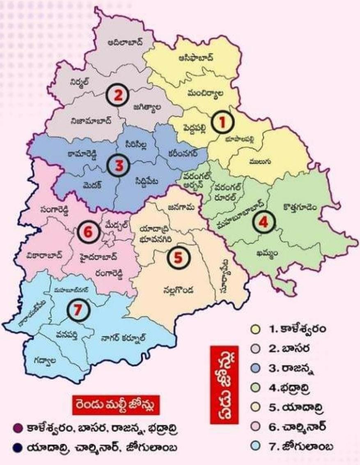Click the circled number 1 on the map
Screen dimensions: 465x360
click(222, 122)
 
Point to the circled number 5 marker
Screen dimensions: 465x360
click(178, 258)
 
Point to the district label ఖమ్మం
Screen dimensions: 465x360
click(267, 254)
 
